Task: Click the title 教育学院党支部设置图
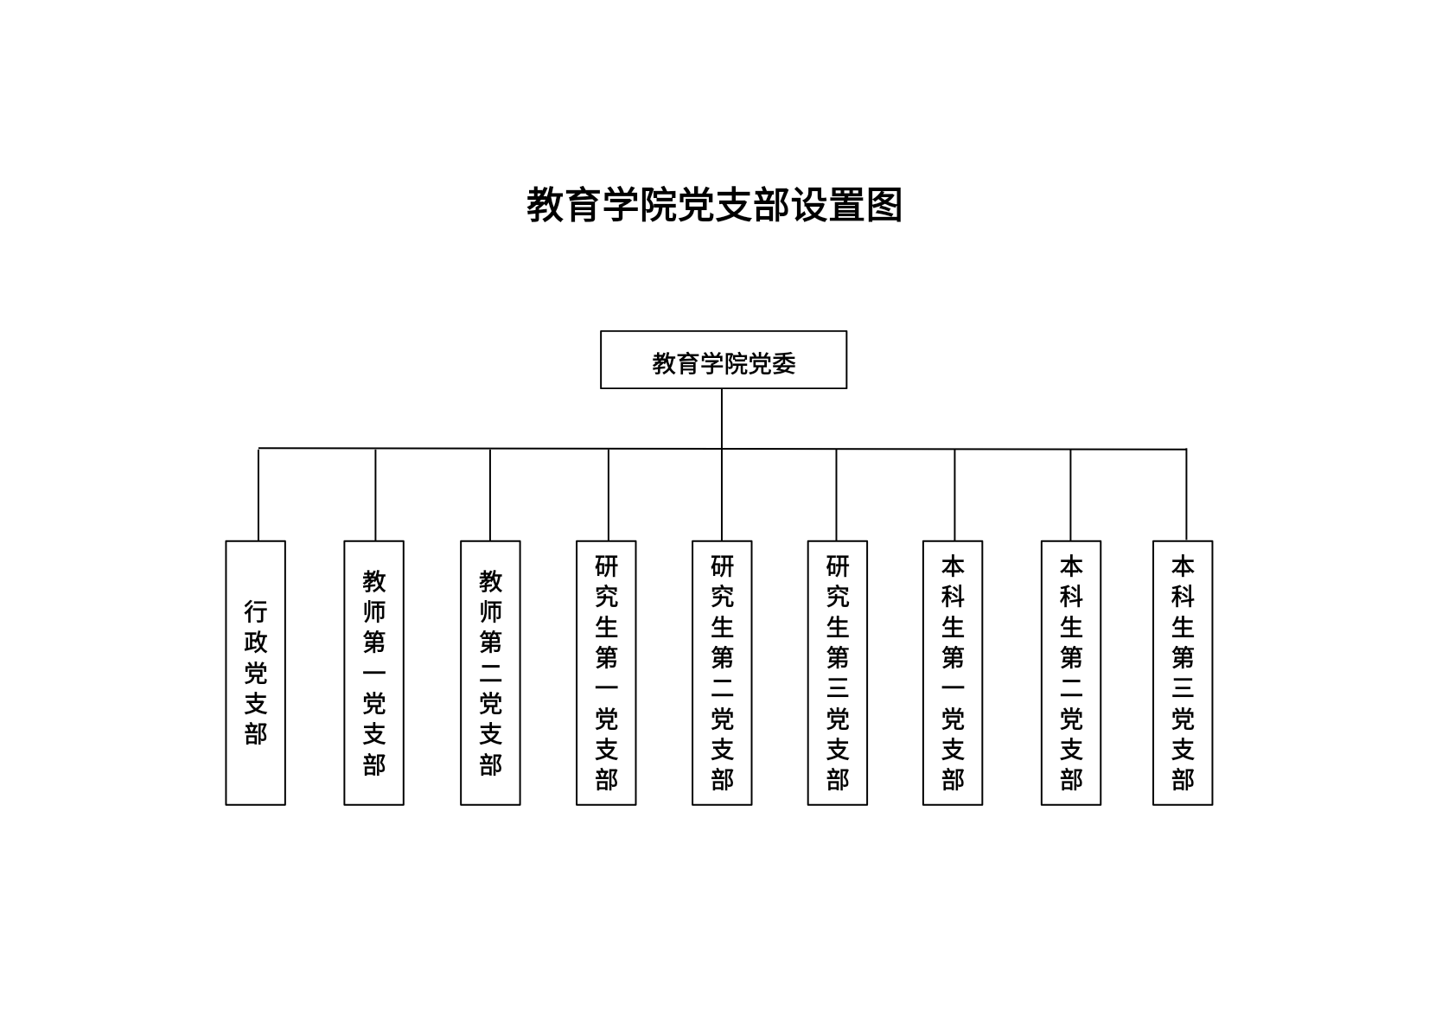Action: click(714, 205)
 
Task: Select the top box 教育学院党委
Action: click(724, 360)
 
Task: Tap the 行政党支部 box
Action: click(255, 673)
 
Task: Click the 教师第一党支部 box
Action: click(373, 673)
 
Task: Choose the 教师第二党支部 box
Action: click(490, 673)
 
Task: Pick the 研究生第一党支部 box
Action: click(606, 673)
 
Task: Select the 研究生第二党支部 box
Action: click(722, 673)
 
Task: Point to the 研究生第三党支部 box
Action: click(838, 673)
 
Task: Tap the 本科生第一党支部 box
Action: click(953, 673)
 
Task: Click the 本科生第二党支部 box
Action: click(1071, 673)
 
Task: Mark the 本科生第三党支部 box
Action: click(1183, 673)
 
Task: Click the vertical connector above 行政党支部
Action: click(258, 495)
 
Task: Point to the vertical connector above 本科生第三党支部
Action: click(1187, 495)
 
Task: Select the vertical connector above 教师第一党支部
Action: click(375, 495)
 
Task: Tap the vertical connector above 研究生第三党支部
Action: click(836, 495)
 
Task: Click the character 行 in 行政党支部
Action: click(255, 612)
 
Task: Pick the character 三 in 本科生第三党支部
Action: click(1183, 688)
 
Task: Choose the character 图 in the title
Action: click(884, 205)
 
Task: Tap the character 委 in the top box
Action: click(784, 364)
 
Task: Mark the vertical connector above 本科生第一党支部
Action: click(955, 495)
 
